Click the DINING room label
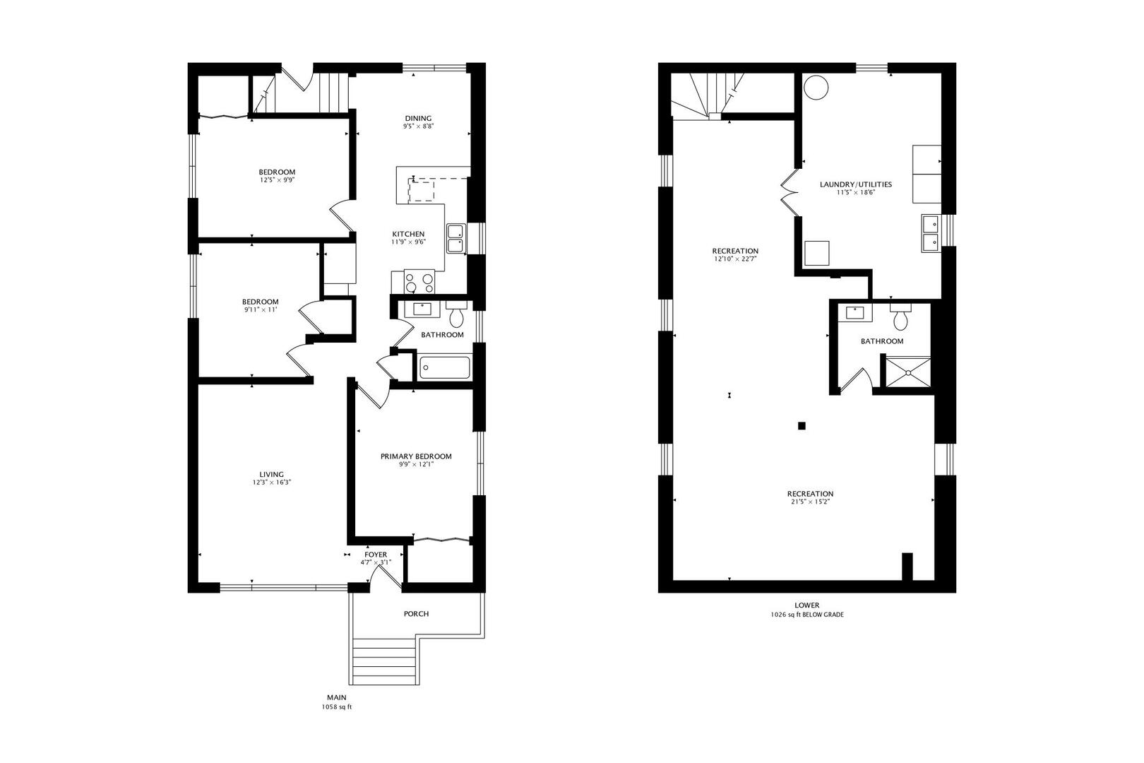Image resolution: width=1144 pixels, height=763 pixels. tap(418, 119)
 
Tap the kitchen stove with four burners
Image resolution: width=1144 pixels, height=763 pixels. tap(419, 282)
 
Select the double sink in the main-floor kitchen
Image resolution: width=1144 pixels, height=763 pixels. tap(455, 239)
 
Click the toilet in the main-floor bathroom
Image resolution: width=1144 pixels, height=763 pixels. tap(456, 314)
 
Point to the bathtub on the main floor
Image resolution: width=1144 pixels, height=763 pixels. tap(444, 368)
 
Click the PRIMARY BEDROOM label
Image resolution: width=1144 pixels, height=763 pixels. tap(416, 456)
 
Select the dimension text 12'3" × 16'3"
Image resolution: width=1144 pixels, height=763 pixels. tap(272, 483)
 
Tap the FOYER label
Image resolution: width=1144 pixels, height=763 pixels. tap(376, 555)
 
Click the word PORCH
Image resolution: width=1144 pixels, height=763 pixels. tap(416, 614)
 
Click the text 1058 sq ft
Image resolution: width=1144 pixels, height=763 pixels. tap(337, 707)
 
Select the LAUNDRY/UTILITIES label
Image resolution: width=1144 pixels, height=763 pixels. tap(855, 184)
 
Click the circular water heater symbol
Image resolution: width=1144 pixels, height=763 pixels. tap(816, 88)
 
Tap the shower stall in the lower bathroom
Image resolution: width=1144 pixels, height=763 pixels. tap(907, 372)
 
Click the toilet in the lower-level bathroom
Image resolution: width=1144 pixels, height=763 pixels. tap(900, 317)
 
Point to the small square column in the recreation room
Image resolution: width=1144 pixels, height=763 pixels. tap(802, 426)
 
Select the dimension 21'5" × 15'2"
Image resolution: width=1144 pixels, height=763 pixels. tap(810, 502)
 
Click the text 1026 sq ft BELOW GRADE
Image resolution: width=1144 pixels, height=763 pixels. tap(807, 615)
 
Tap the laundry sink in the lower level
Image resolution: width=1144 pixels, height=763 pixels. tap(931, 233)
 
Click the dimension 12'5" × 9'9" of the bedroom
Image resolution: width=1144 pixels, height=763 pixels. tap(277, 180)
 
